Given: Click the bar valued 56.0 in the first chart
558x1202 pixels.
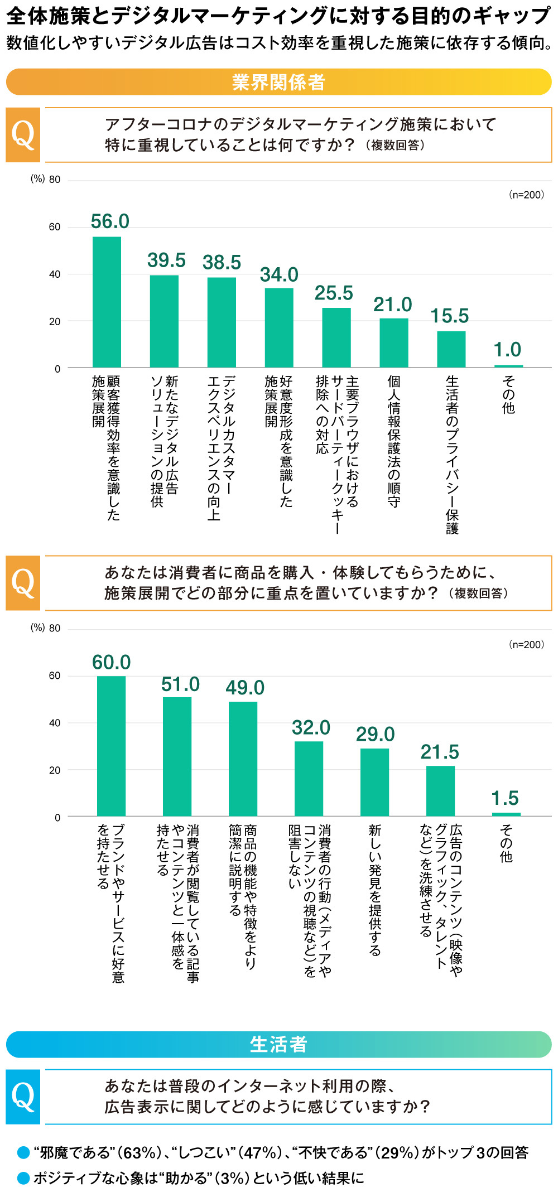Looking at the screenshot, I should pos(107,302).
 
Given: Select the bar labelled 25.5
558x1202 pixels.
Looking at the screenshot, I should pos(336,337).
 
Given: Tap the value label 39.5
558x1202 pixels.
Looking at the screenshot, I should pos(166,260).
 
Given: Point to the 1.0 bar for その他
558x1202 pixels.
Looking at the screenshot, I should pos(508,366).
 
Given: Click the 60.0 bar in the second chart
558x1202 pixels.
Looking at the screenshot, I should pos(111,746).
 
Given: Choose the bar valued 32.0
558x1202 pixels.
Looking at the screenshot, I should pos(309,778).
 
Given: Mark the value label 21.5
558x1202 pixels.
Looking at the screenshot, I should pos(440,752).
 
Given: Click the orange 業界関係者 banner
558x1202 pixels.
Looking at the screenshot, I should pos(278,82).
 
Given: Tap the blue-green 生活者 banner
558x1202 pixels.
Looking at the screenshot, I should pos(278,1044).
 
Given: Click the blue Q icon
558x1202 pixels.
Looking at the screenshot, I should pos(23,1097).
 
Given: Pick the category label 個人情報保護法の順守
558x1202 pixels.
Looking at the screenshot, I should pos(394,441).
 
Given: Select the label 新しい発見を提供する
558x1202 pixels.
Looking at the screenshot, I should pos(375,890).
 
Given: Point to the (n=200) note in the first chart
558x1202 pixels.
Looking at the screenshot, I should pos(526,195).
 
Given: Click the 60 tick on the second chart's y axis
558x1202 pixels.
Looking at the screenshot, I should pos(55,675).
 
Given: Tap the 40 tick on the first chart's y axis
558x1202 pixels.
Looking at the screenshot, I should pos(55,274).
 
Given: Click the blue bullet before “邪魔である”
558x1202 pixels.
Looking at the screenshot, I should pos(23,1152).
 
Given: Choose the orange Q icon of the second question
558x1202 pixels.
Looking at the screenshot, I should pos(23,583).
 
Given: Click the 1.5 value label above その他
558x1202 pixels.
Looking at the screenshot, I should pos(505,798).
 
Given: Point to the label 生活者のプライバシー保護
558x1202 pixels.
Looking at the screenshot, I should pos(451,454).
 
